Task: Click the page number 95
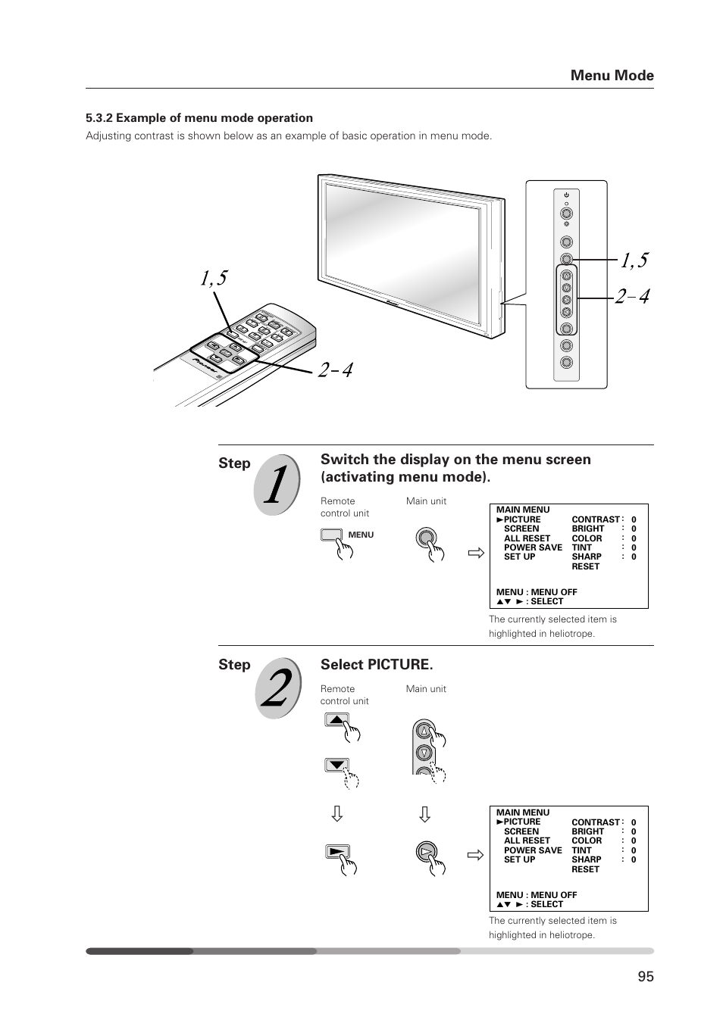click(x=645, y=976)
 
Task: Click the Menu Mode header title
click(x=612, y=75)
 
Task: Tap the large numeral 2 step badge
click(x=277, y=688)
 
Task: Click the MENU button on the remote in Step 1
click(x=332, y=535)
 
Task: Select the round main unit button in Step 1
click(x=426, y=538)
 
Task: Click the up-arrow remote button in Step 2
click(x=336, y=719)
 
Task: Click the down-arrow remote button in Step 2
click(x=336, y=765)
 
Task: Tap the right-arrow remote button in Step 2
click(x=336, y=851)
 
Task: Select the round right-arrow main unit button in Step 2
click(x=426, y=852)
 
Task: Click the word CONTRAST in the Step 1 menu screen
click(x=595, y=519)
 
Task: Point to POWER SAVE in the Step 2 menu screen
click(x=533, y=850)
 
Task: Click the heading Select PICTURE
click(x=377, y=664)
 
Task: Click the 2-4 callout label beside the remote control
click(x=335, y=370)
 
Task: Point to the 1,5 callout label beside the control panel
click(x=634, y=260)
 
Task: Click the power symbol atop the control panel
click(x=566, y=195)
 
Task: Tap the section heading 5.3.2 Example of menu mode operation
click(x=199, y=118)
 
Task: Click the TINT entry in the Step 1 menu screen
click(x=582, y=547)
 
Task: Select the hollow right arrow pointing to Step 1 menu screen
click(x=475, y=554)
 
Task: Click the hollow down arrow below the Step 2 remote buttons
click(x=337, y=814)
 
